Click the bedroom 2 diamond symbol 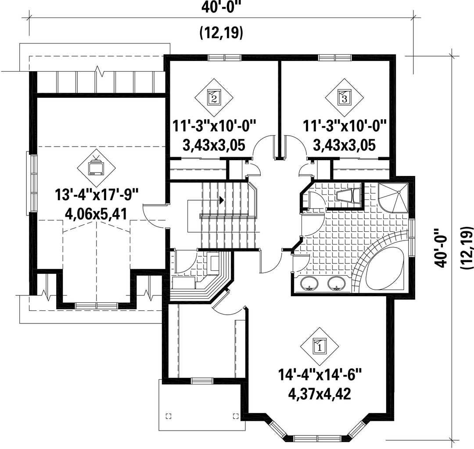[214, 97]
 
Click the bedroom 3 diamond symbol [345, 97]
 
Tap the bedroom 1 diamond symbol [320, 345]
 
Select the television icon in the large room [97, 167]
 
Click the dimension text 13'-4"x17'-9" [97, 195]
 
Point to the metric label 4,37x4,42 [320, 394]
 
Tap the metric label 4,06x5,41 [97, 214]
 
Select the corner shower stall [393, 198]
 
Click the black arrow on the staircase [222, 200]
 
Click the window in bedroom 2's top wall [225, 57]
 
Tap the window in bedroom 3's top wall [335, 57]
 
